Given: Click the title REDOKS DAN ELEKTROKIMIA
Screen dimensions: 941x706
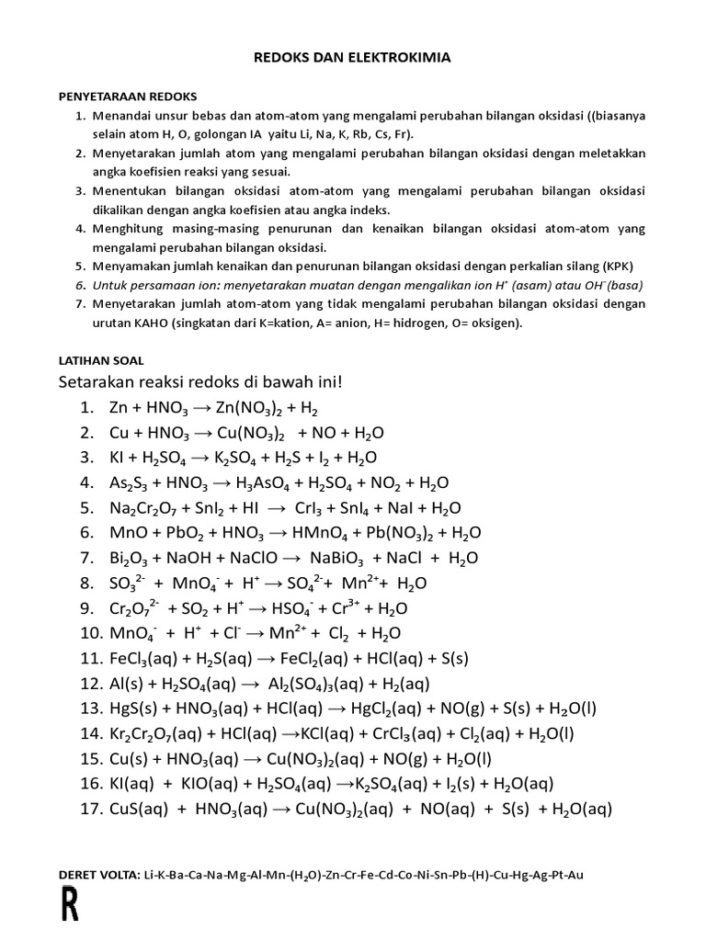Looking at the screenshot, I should point(353,58).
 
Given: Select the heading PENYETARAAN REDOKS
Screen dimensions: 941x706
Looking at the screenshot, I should point(128,96).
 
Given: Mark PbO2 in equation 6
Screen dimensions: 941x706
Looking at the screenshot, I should point(188,533).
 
